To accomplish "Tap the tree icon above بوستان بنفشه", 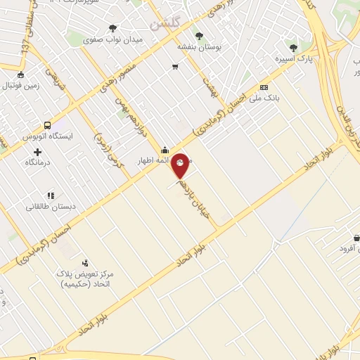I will click(199, 35).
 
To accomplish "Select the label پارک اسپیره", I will click(293, 58).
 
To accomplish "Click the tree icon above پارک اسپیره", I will click(293, 48).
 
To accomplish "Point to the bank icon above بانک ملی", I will click(264, 87).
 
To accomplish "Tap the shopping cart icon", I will click(174, 67).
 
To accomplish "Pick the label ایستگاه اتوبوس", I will click(47, 136).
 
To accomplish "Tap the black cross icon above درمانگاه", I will click(37, 152).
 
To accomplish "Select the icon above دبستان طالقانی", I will click(50, 195).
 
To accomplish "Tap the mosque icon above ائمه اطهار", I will click(165, 149).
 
